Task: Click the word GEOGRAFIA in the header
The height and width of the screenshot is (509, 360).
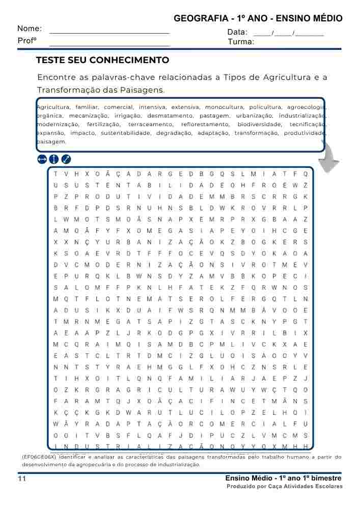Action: click(x=201, y=19)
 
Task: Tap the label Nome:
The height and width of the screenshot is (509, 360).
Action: click(x=30, y=29)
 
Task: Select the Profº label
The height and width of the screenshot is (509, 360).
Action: click(x=26, y=41)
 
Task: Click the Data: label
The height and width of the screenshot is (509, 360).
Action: click(x=237, y=32)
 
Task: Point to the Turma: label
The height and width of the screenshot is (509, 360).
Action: click(x=241, y=42)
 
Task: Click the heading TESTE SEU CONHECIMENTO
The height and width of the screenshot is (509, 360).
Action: click(x=102, y=60)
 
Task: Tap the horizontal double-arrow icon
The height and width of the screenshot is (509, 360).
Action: click(x=42, y=159)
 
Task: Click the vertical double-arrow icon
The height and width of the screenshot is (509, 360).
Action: click(x=54, y=159)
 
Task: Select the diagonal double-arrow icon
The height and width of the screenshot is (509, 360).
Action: click(x=66, y=159)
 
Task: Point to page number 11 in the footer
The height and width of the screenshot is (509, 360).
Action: click(x=21, y=479)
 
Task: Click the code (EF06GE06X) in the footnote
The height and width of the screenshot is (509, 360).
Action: click(x=39, y=457)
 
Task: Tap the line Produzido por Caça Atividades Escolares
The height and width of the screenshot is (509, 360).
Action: click(x=284, y=487)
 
